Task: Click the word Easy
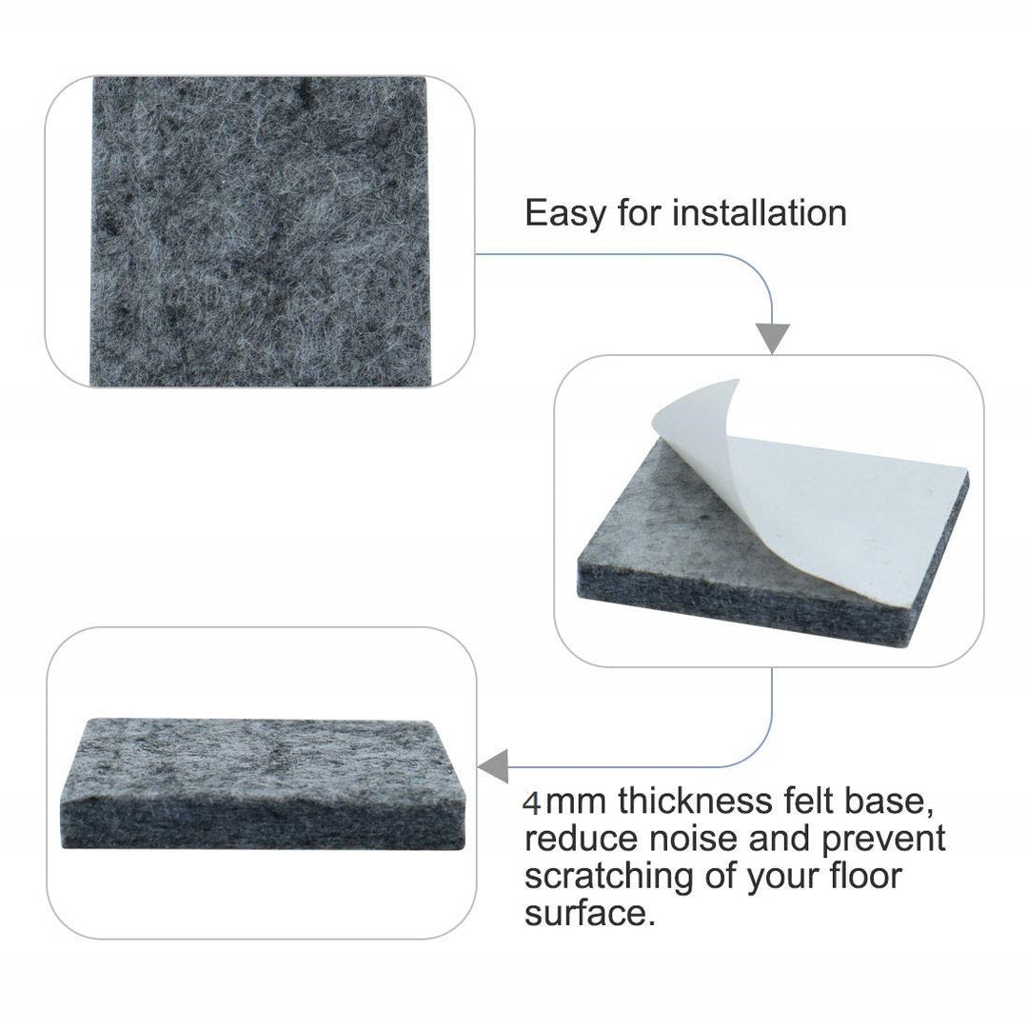tap(565, 214)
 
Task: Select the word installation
tap(760, 212)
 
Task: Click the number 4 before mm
tap(532, 803)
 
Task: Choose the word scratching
tap(609, 878)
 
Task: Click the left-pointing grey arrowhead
tap(494, 766)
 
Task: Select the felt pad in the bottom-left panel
tap(264, 784)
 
